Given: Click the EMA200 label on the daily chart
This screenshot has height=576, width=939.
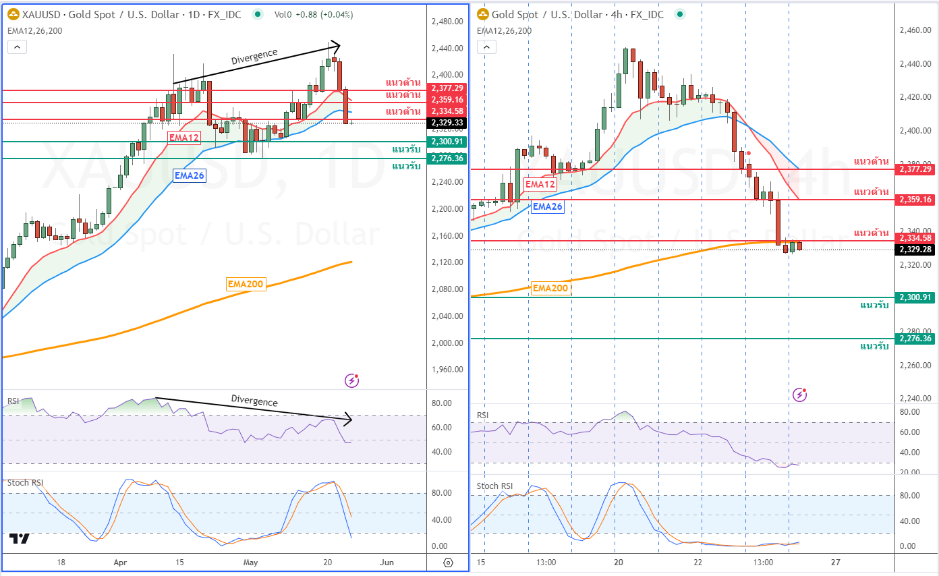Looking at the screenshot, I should point(246,284).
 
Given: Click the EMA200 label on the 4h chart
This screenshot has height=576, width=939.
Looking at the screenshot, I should point(550,288).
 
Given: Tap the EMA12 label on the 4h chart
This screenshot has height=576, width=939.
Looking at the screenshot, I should point(540,184).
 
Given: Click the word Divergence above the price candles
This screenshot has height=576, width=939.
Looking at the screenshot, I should point(254,57).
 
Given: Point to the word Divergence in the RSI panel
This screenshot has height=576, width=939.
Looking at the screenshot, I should point(254,401).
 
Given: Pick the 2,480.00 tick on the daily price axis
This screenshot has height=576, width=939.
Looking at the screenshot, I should point(447,22).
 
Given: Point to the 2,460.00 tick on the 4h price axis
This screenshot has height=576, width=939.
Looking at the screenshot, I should point(915,30).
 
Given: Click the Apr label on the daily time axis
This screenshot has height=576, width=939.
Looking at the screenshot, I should point(121,562).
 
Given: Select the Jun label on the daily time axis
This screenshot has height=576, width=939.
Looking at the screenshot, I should point(387,562).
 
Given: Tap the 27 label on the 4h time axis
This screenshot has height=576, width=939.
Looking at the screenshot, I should point(836,562).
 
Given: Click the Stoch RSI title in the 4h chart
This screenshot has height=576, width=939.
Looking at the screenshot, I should point(494,486).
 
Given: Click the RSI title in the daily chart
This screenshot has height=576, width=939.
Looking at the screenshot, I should point(13,401).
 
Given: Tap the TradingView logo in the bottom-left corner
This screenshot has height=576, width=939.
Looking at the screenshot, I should point(20,538).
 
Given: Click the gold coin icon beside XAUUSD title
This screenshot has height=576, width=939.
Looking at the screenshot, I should point(13,14).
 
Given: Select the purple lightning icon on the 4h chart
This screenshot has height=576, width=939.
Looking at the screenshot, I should point(799,394).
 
